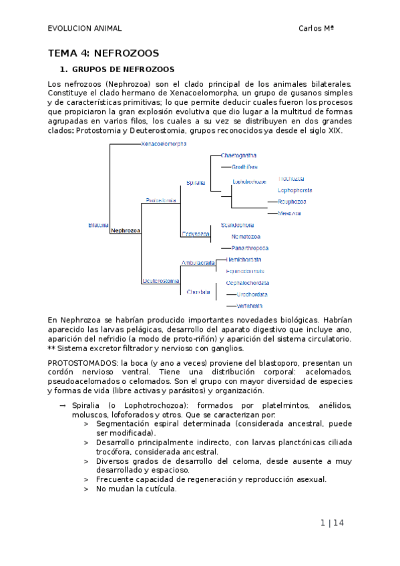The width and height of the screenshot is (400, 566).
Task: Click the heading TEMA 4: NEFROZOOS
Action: (104, 53)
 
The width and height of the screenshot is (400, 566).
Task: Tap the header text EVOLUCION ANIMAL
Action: (85, 28)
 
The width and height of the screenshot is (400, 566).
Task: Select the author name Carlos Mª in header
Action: (316, 28)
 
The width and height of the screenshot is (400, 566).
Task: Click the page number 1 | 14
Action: (332, 523)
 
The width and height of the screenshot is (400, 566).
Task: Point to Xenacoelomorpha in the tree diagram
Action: (164, 144)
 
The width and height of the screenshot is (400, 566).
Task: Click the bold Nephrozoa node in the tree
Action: (126, 230)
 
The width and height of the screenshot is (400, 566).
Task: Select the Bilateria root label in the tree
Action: (98, 225)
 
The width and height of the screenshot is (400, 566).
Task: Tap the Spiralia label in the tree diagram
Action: (196, 182)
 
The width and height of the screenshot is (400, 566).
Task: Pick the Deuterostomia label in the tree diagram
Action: (160, 281)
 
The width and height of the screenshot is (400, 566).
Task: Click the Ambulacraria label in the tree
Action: (198, 263)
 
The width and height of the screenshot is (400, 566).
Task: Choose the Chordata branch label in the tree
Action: (199, 292)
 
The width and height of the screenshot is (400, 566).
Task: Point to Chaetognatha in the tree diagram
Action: (240, 156)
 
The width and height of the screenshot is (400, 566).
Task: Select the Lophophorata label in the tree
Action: (294, 190)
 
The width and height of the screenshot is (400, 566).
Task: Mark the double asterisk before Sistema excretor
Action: (51, 348)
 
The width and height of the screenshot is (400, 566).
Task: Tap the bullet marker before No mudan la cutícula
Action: (86, 489)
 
